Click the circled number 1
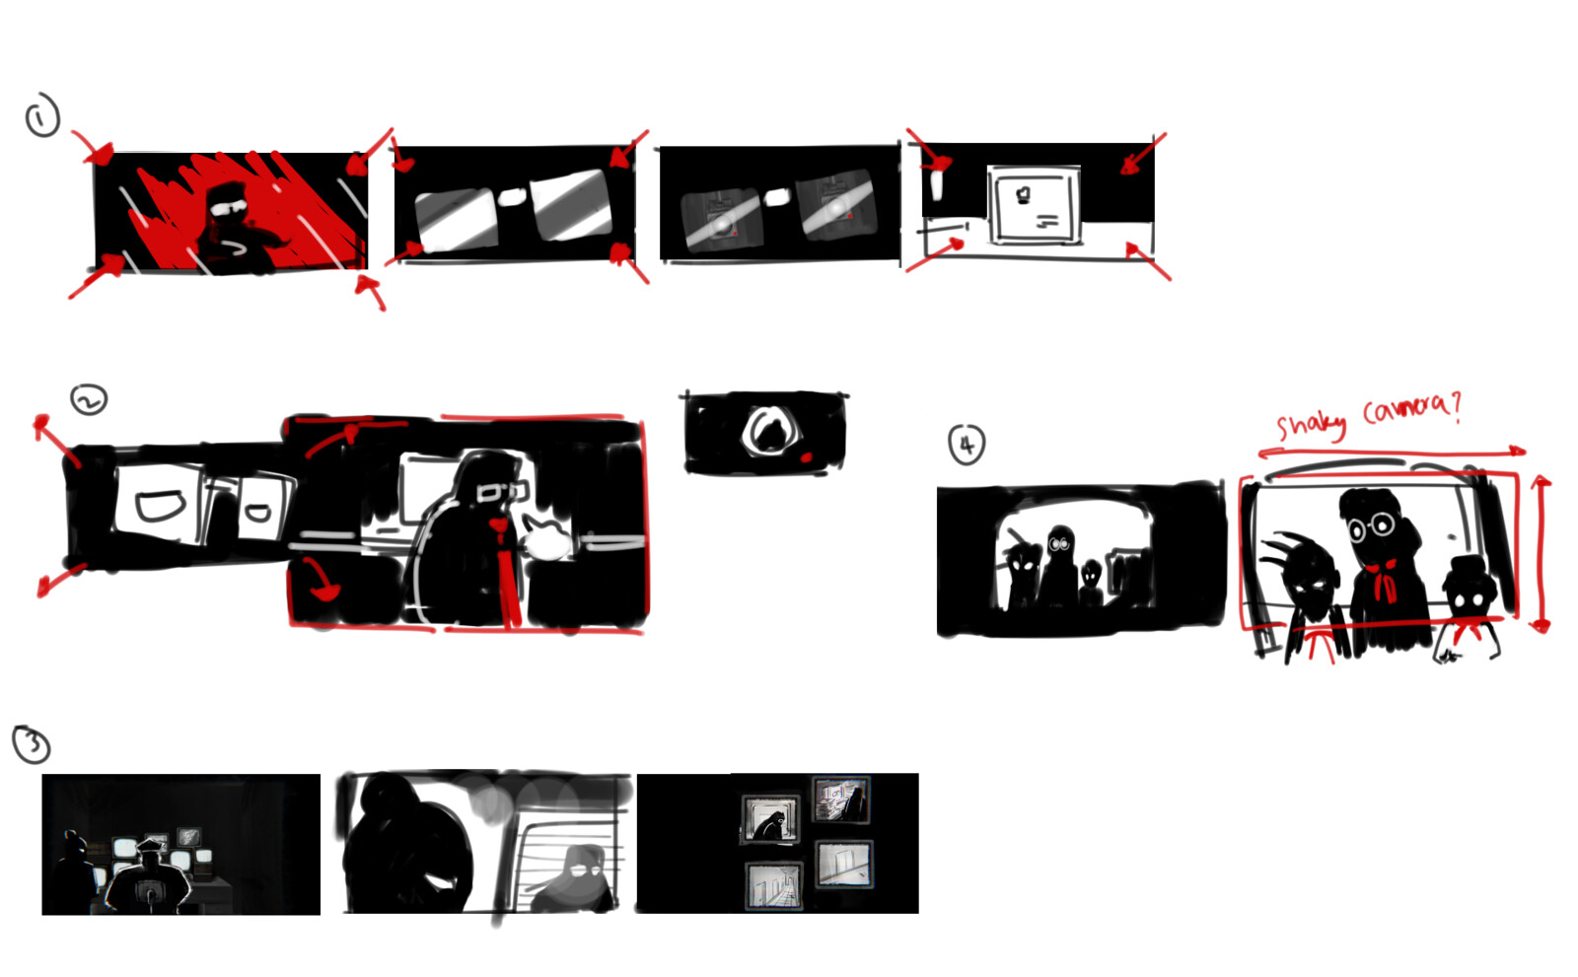pyautogui.click(x=42, y=115)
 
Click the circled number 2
pyautogui.click(x=89, y=400)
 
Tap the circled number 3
pyautogui.click(x=32, y=744)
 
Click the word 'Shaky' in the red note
pyautogui.click(x=1311, y=425)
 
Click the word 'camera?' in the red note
pyautogui.click(x=1411, y=409)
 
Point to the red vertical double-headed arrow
pyautogui.click(x=1541, y=554)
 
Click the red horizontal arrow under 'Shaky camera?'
pyautogui.click(x=1392, y=452)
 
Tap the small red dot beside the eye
pyautogui.click(x=806, y=457)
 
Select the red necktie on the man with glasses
pyautogui.click(x=507, y=572)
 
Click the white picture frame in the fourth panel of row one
pyautogui.click(x=1035, y=204)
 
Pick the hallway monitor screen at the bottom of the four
pyautogui.click(x=773, y=885)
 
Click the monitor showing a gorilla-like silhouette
pyautogui.click(x=770, y=819)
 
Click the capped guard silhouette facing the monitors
pyautogui.click(x=149, y=878)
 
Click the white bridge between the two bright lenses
pyautogui.click(x=513, y=197)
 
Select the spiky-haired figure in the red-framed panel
pyautogui.click(x=1307, y=592)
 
